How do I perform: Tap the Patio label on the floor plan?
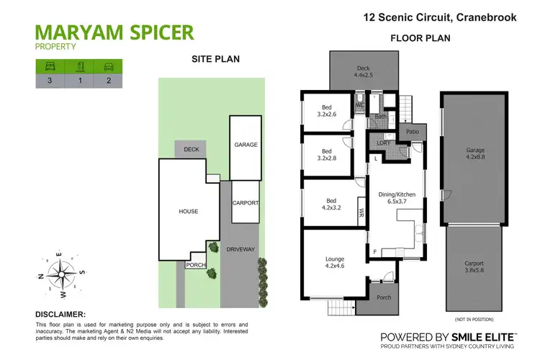point(413,132)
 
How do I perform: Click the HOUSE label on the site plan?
point(188,211)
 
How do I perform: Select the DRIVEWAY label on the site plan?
point(240,249)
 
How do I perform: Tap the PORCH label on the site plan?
point(195,265)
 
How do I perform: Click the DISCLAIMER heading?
point(60,314)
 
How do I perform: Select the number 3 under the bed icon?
point(49,81)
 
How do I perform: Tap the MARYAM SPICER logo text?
point(114,32)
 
